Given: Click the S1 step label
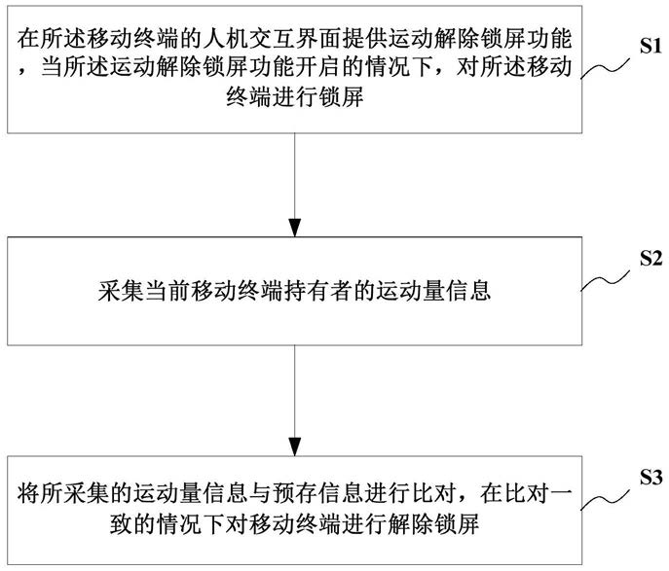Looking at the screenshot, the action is pos(650,46).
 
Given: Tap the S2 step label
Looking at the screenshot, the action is pos(650,258).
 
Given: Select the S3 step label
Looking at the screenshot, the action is pos(650,477).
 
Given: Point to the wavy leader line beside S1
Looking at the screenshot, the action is pos(606,69).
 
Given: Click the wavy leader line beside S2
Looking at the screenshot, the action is pos(606,281).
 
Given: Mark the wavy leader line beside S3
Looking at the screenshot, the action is pos(606,499).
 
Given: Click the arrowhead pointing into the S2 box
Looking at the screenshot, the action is pos(295,228).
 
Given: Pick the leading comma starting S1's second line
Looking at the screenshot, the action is pos(23,72).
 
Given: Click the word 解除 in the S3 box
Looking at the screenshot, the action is pos(410,523).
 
